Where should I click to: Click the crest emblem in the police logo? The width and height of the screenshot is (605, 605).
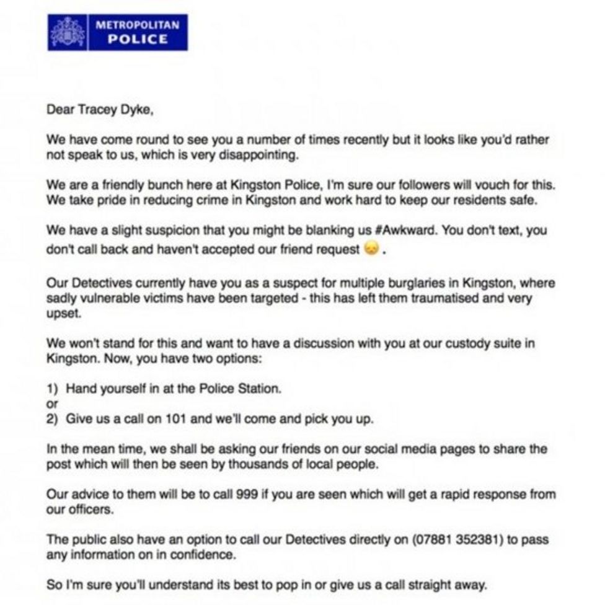(68, 32)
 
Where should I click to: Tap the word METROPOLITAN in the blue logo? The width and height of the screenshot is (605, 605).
(137, 25)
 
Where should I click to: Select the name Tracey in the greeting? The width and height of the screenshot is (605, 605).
(95, 110)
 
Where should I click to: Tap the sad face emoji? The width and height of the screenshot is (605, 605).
(371, 250)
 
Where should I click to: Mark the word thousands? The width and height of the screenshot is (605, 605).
(268, 464)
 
